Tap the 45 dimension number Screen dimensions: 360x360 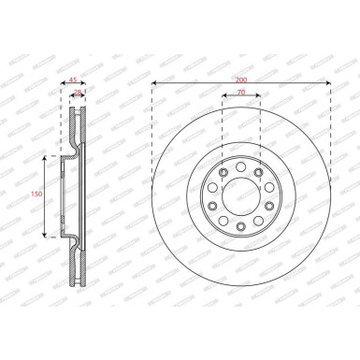tap(73, 80)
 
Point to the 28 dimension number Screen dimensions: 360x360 tap(78, 94)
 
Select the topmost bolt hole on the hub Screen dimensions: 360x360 tap(240, 168)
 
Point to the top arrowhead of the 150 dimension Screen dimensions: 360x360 tap(45, 158)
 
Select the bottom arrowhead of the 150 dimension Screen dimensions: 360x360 tap(45, 235)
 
